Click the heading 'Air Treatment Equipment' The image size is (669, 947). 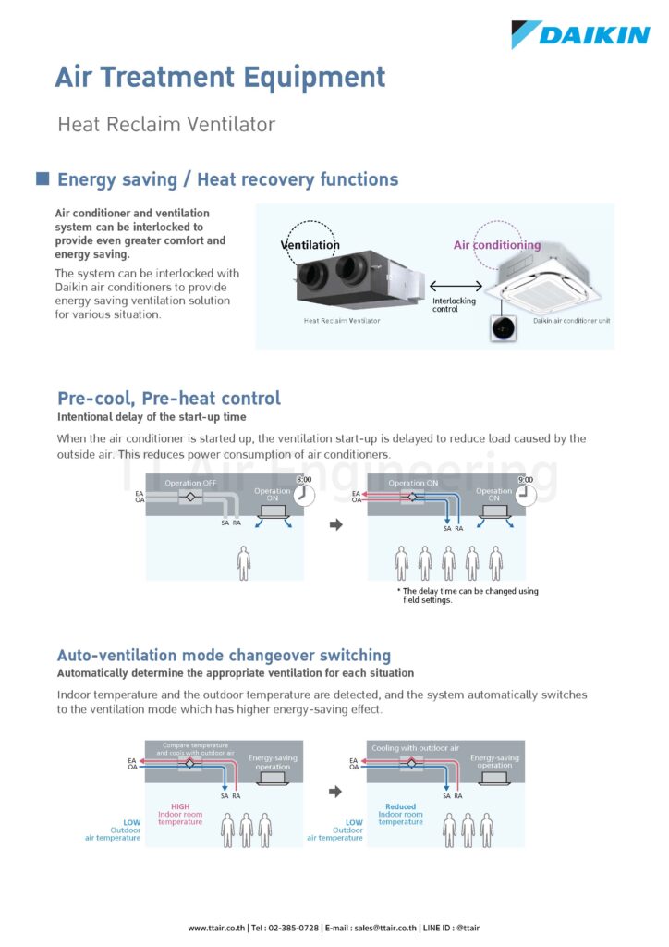[220, 77]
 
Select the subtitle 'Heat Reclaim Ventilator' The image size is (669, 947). [166, 124]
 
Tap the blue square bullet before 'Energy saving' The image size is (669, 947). [43, 178]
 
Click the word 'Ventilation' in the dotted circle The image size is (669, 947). [310, 245]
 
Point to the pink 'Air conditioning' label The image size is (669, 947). [497, 245]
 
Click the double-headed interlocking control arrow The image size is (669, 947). [456, 288]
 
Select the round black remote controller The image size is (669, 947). [502, 327]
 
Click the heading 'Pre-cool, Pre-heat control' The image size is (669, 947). [169, 399]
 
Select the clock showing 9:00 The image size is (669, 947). [524, 494]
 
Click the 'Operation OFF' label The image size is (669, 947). [190, 483]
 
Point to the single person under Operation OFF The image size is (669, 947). [244, 562]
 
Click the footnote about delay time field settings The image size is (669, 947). [468, 596]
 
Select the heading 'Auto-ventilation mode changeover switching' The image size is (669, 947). [224, 656]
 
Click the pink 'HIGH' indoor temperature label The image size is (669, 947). [179, 806]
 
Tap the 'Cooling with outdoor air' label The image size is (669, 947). [415, 748]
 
